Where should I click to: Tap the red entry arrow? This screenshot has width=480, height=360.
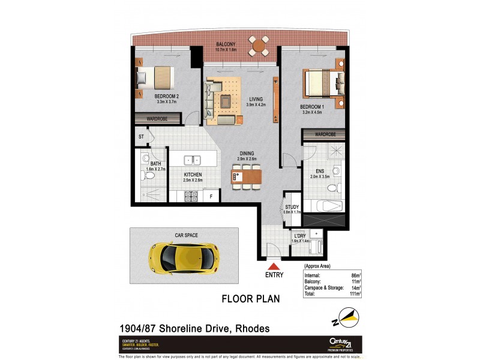(274, 267)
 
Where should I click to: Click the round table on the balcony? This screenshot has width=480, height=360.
(260, 45)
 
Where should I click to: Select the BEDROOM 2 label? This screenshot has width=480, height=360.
(166, 96)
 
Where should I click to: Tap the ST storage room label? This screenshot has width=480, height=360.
(141, 137)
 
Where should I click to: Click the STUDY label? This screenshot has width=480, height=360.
(292, 207)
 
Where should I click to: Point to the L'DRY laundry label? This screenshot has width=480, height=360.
(299, 236)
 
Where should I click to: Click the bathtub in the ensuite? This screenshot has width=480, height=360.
(323, 205)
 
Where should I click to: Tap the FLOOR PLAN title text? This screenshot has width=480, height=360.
(251, 298)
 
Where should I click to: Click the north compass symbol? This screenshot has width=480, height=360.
(347, 315)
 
